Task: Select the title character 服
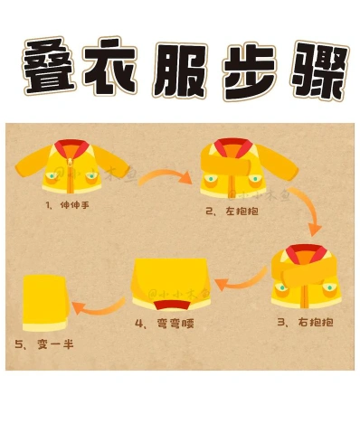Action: (179, 70)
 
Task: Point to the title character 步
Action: (249, 72)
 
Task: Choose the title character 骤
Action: (318, 71)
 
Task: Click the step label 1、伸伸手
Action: (68, 205)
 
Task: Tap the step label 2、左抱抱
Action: (232, 211)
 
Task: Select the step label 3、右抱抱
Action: (306, 322)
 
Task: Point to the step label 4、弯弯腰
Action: (165, 324)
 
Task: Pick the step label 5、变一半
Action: (44, 344)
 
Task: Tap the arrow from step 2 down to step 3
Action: (309, 208)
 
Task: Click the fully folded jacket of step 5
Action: (46, 303)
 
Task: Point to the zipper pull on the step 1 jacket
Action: (70, 160)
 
